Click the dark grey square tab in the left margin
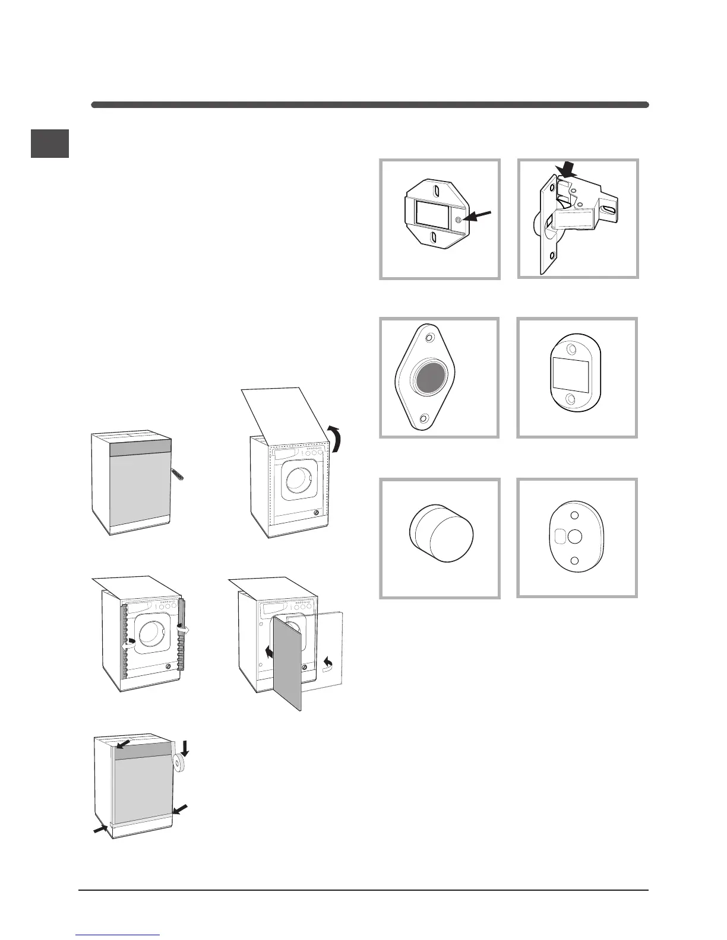[50, 144]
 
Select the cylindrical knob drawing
[441, 533]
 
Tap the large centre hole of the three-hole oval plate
[574, 536]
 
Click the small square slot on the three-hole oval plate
[560, 536]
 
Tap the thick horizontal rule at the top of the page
[369, 105]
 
